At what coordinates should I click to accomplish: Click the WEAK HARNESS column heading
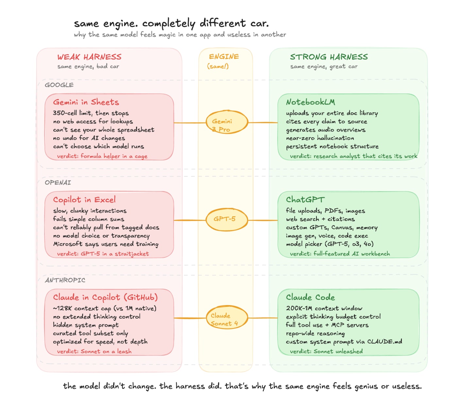coord(89,57)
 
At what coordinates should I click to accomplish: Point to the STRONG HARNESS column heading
coord(329,57)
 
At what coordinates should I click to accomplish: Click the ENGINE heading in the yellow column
coord(224,57)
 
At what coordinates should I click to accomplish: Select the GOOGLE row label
coord(59,85)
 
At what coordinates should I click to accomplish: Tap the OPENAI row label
coord(58,183)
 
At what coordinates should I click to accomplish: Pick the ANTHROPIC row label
coord(65,280)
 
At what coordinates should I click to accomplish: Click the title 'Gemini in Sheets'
coord(86,102)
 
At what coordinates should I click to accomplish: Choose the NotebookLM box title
coord(311,102)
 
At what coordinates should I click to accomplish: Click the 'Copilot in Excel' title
coord(84,200)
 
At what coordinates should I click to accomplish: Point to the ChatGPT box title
coord(305,200)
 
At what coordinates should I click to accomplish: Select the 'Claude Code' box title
coord(310,297)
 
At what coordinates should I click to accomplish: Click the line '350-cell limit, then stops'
coord(91,113)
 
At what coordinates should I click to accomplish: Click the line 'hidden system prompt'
coord(86,325)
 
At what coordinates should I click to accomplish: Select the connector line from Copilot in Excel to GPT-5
coord(189,220)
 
